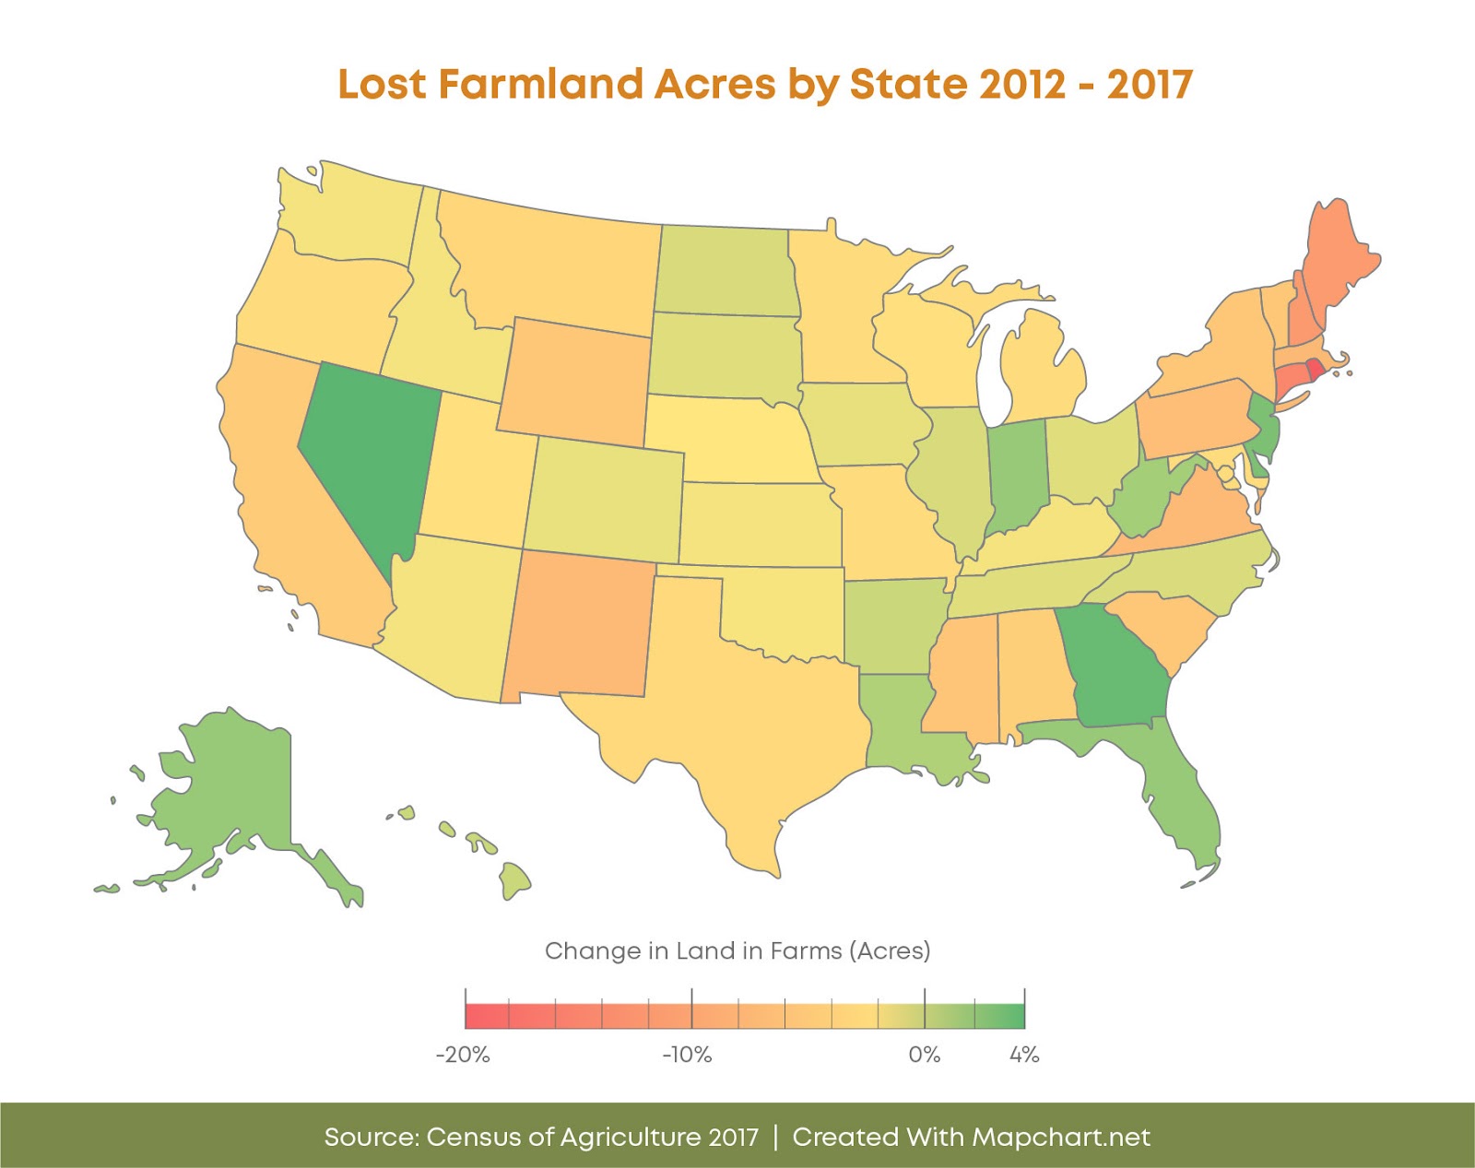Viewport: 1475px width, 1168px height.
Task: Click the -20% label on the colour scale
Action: tap(463, 1055)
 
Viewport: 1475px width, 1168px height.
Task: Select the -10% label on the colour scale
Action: tap(688, 1055)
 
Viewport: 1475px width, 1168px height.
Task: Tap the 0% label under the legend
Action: tap(924, 1055)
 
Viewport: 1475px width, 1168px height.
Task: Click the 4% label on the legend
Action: tap(1024, 1055)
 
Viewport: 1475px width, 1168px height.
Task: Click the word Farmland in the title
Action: tap(540, 84)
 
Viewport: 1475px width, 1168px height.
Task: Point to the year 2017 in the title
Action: tap(1150, 84)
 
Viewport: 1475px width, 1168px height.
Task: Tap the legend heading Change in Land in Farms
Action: tap(737, 950)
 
